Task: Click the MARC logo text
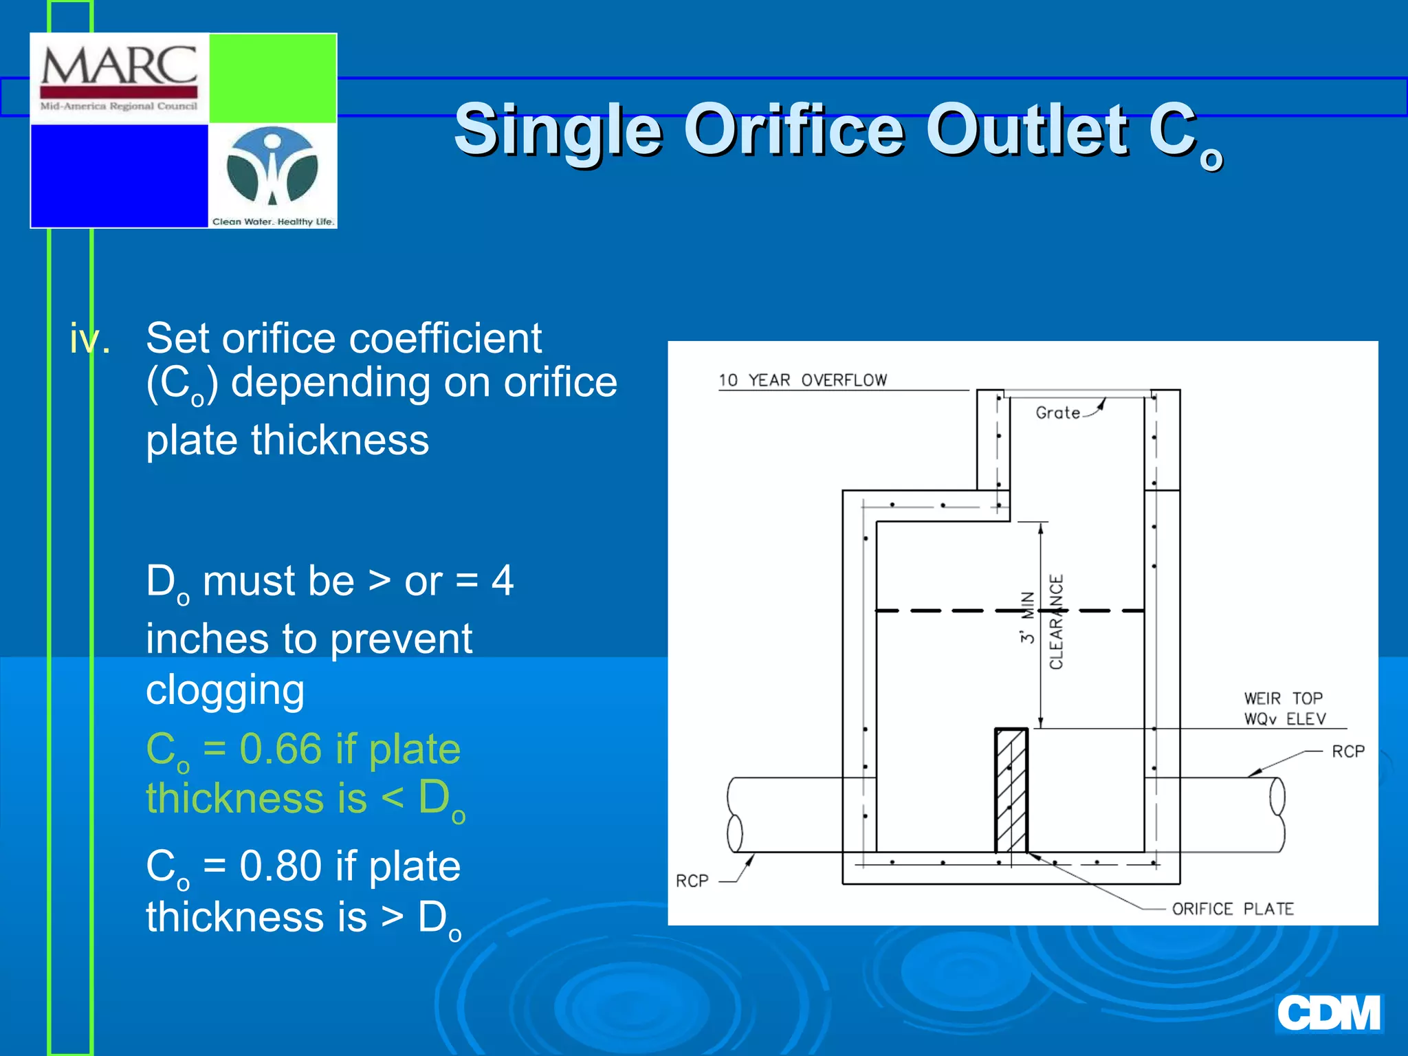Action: tap(119, 67)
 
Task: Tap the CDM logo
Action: tap(1328, 1013)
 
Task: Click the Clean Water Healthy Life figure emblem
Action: tap(273, 167)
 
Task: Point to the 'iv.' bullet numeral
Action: tap(89, 339)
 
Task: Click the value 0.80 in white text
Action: tap(280, 866)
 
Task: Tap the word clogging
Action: tap(225, 690)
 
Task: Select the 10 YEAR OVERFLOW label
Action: tap(802, 380)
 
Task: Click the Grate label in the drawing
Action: tap(1057, 412)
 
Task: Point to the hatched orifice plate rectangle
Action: tap(1011, 791)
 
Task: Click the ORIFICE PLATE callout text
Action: tap(1232, 909)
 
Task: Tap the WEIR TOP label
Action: tap(1283, 698)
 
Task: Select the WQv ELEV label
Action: tap(1284, 719)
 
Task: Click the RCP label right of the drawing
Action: tap(1347, 751)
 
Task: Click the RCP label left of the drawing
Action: tap(692, 881)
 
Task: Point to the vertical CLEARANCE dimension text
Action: tap(1056, 621)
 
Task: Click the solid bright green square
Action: tap(272, 78)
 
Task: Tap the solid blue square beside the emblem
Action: tap(119, 175)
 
